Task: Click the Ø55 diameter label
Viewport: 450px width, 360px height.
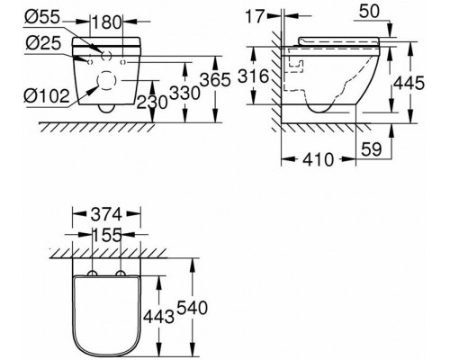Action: coord(42,18)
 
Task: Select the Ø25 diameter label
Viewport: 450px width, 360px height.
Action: coord(43,43)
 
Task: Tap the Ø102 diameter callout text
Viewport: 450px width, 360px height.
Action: coord(47,96)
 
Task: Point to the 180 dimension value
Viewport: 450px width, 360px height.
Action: coord(107,22)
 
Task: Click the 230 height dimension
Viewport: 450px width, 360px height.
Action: coord(152,103)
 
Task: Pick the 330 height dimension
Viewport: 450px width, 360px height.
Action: coord(184,93)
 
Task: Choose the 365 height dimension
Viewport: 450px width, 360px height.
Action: coord(215,80)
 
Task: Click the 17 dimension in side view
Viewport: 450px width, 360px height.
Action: coord(256,16)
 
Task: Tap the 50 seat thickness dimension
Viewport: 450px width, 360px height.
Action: coord(369,12)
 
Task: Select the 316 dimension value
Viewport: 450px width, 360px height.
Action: coord(254,76)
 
